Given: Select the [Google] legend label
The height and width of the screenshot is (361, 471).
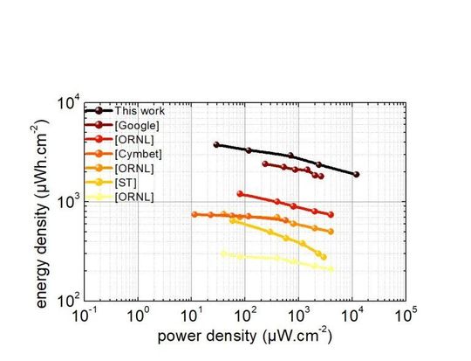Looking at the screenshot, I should click(137, 125).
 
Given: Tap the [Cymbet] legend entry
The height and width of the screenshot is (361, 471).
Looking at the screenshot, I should click(138, 154).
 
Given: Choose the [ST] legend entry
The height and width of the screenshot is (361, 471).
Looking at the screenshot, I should click(126, 182).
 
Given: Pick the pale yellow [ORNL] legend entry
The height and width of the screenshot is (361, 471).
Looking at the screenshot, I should click(134, 197).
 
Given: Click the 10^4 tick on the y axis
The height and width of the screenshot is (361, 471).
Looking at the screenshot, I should click(69, 101).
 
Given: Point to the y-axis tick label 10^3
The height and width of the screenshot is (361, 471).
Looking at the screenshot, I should click(69, 202).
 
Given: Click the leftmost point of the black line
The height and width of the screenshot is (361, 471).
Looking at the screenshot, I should click(216, 145).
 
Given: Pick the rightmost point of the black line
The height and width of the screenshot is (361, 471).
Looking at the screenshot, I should click(356, 175).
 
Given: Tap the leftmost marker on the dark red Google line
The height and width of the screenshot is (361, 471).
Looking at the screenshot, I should click(265, 163).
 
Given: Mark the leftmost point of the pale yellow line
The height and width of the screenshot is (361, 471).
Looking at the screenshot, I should click(223, 253).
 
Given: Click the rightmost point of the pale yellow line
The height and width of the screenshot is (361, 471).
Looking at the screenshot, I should click(331, 269).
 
